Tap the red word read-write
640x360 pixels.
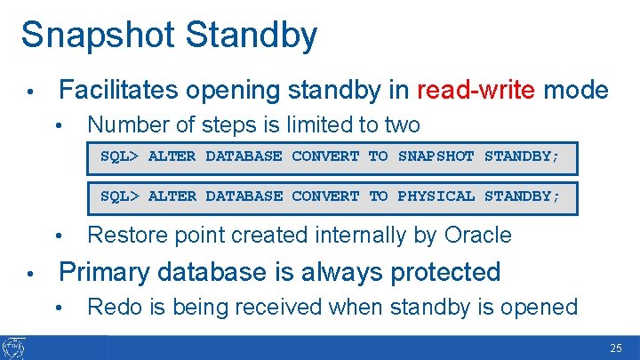pyautogui.click(x=476, y=90)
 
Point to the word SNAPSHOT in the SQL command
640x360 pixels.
pyautogui.click(x=436, y=156)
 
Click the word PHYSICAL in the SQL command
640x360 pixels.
pyautogui.click(x=436, y=196)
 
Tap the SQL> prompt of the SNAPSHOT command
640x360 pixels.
pyautogui.click(x=120, y=156)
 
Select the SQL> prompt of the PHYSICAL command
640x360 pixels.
pyautogui.click(x=120, y=196)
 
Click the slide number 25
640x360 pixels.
pyautogui.click(x=616, y=348)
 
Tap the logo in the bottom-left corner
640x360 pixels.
pyautogui.click(x=15, y=348)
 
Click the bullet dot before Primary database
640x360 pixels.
pyautogui.click(x=30, y=272)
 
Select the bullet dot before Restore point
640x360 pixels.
pyautogui.click(x=59, y=236)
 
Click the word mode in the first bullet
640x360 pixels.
pyautogui.click(x=576, y=90)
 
